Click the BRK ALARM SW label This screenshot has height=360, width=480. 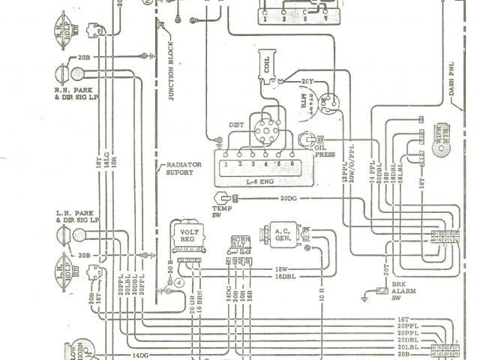pos(403,291)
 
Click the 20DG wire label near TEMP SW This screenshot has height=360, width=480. pos(289,199)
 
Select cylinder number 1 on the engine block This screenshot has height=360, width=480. pos(227,163)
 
